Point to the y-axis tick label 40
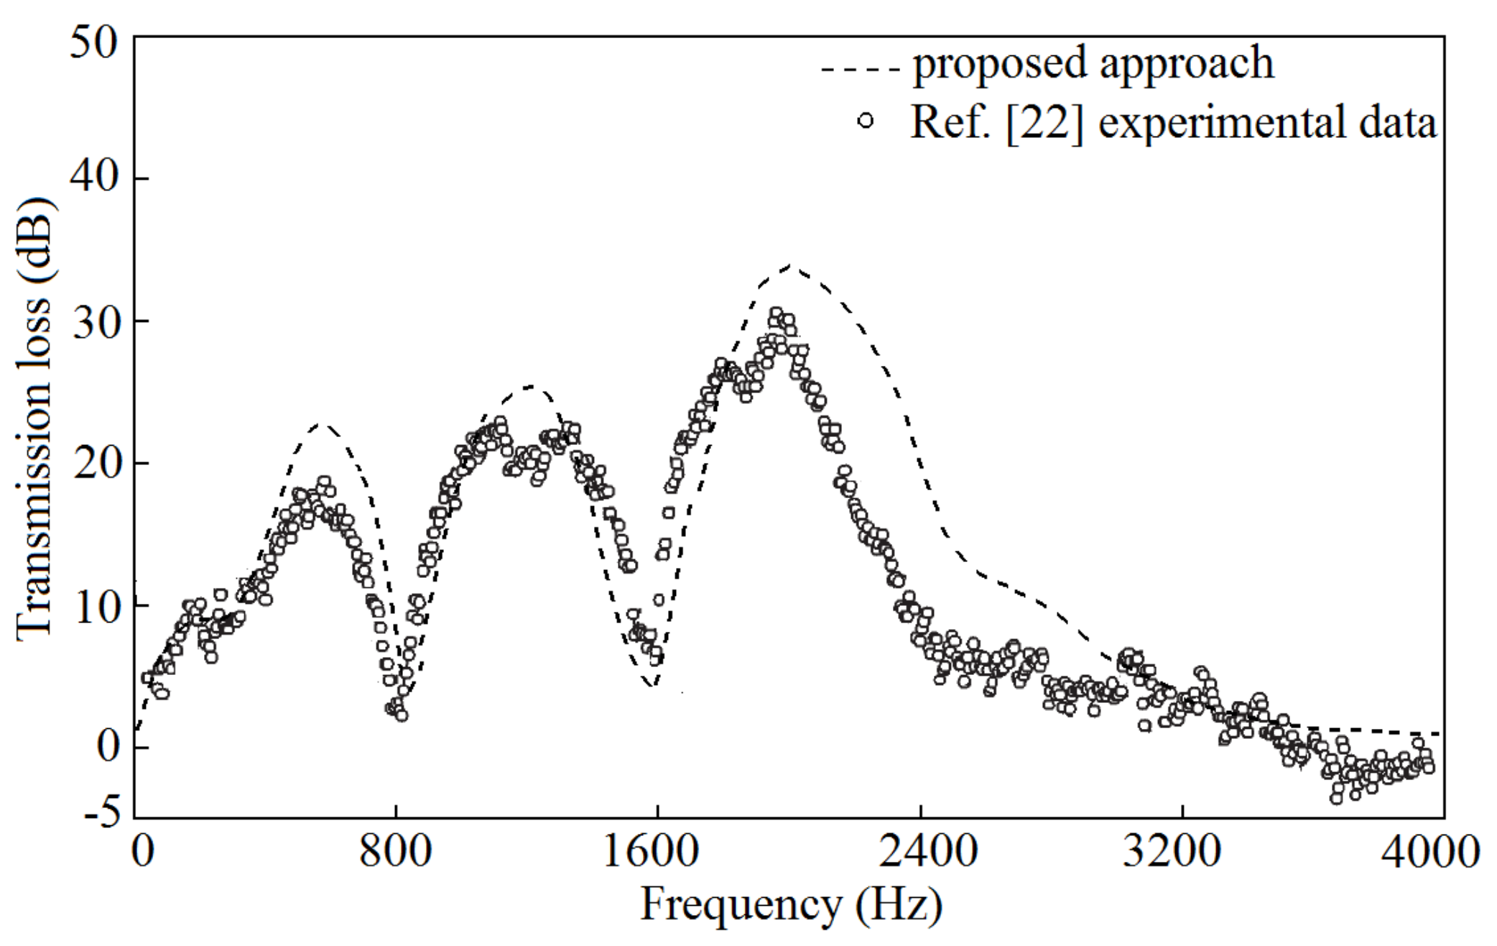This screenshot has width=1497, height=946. (93, 177)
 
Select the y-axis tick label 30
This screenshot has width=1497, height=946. (93, 319)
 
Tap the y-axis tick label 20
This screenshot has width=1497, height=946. (93, 461)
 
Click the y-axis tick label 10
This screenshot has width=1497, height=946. (93, 605)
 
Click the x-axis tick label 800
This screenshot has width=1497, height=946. (395, 853)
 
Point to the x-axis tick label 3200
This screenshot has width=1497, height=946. (1182, 853)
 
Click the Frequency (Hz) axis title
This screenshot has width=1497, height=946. (790, 905)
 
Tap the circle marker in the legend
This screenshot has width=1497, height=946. (866, 120)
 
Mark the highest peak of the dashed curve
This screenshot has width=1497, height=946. (791, 265)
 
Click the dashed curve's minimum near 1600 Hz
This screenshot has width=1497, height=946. (652, 685)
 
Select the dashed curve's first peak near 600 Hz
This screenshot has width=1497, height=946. (323, 424)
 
